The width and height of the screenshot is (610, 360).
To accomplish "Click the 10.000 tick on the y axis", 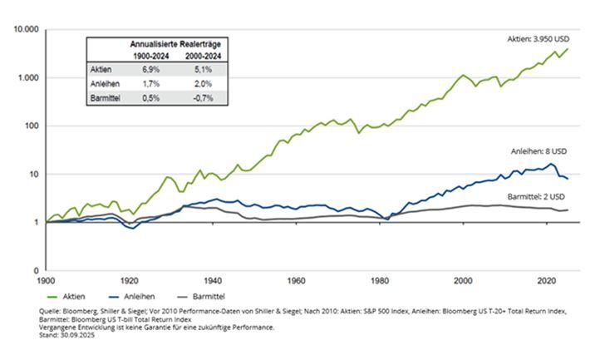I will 27,29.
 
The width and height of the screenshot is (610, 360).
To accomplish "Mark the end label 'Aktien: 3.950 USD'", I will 540,38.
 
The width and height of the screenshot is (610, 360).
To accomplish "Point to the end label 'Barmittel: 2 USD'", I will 537,197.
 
